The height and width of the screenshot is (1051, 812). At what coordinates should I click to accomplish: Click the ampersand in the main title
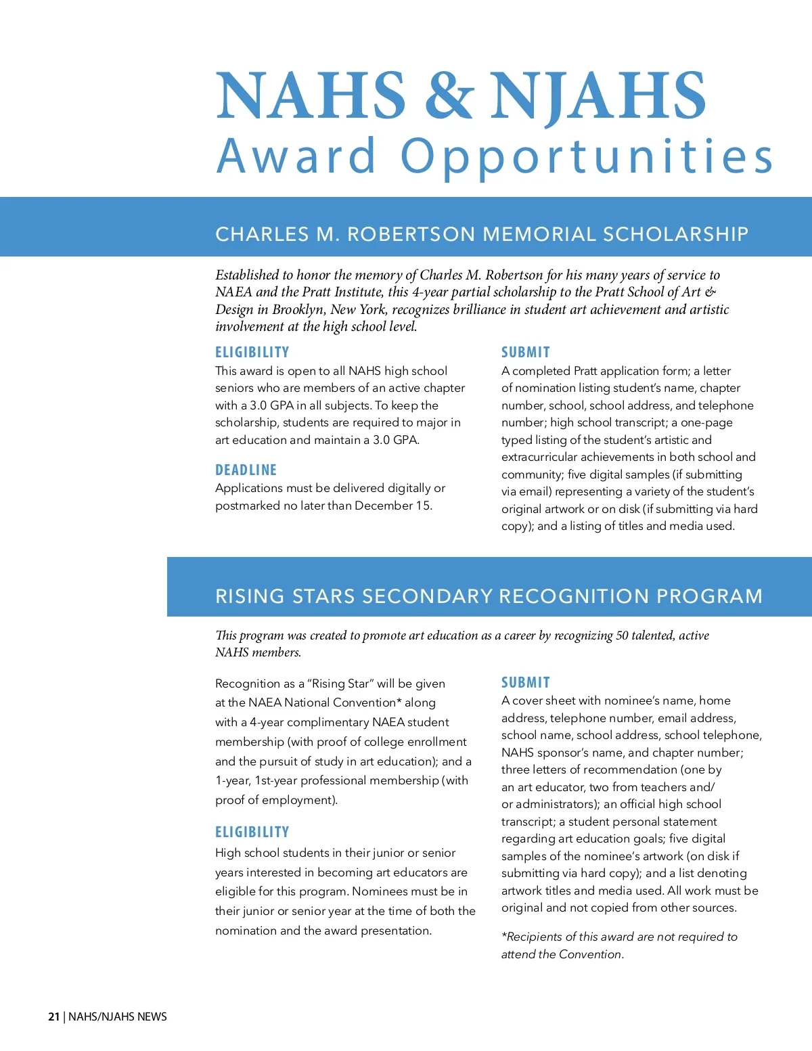[x=448, y=95]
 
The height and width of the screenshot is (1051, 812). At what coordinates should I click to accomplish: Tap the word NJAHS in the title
[x=598, y=95]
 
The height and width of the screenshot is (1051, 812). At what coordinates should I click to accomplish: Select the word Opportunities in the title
[x=586, y=157]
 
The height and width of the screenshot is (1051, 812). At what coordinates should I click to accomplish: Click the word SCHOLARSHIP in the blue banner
[x=675, y=234]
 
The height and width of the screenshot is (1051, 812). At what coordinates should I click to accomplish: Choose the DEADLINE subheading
[x=246, y=470]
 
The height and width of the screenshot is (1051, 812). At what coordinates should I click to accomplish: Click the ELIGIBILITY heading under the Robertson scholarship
[x=252, y=352]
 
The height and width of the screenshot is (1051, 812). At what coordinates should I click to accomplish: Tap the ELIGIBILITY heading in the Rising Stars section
[x=252, y=832]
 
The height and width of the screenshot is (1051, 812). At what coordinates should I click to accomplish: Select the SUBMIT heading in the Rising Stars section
[x=525, y=682]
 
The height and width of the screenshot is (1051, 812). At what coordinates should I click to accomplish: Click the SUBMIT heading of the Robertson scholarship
[x=525, y=352]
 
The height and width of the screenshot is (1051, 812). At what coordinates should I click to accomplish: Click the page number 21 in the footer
[x=54, y=1016]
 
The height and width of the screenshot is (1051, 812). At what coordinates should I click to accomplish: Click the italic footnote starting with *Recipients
[x=618, y=945]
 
